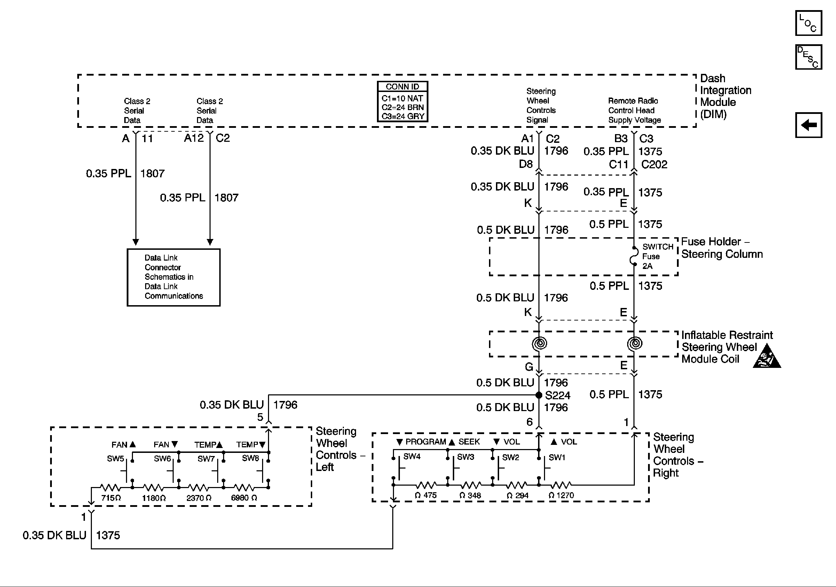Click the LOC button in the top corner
click(x=808, y=23)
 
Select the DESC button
click(x=808, y=57)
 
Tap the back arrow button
click(x=808, y=125)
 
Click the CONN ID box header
click(x=402, y=87)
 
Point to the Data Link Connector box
click(x=173, y=277)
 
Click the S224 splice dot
click(x=539, y=395)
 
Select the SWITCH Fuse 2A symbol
click(x=634, y=256)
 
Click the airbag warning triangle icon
click(x=766, y=357)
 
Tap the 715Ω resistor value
click(x=111, y=498)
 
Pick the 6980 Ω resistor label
click(x=244, y=498)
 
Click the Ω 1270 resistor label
click(x=561, y=495)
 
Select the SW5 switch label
click(x=116, y=459)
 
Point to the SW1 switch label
click(x=557, y=457)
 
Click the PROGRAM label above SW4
click(x=425, y=442)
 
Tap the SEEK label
click(x=469, y=442)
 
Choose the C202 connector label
click(x=654, y=165)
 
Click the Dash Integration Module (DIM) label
click(x=725, y=96)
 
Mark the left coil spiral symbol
click(x=539, y=343)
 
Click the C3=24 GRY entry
click(x=403, y=116)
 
